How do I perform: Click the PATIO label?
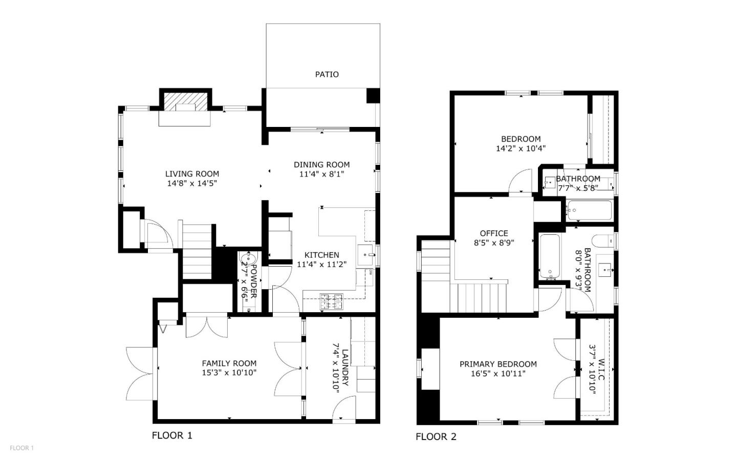click(x=327, y=75)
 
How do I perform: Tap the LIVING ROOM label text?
click(x=192, y=174)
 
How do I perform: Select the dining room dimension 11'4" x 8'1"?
click(x=321, y=174)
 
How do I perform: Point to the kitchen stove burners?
click(x=332, y=301)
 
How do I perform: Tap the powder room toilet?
click(x=250, y=258)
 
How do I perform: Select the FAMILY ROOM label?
click(x=229, y=364)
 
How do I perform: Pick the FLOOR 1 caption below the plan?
click(x=172, y=435)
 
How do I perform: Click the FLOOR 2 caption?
click(x=436, y=436)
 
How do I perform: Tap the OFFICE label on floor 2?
click(x=494, y=233)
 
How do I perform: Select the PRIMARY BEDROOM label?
click(x=498, y=364)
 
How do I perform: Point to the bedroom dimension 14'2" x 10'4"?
click(x=521, y=148)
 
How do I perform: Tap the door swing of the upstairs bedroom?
click(x=522, y=182)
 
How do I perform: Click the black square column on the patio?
click(x=373, y=96)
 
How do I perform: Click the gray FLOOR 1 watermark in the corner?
click(x=21, y=448)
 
